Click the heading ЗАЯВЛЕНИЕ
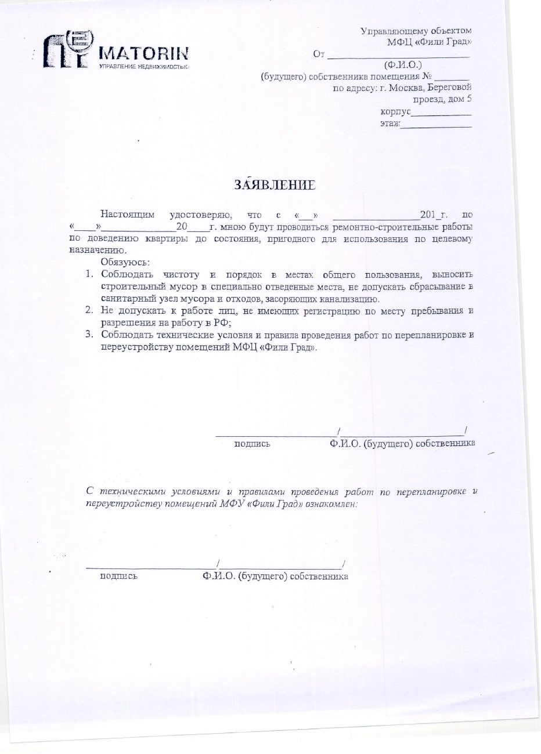pyautogui.click(x=275, y=185)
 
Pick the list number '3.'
pyautogui.click(x=89, y=335)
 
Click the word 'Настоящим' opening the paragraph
pyautogui.click(x=128, y=215)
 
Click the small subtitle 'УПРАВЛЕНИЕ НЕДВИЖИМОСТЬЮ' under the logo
pyautogui.click(x=145, y=67)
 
